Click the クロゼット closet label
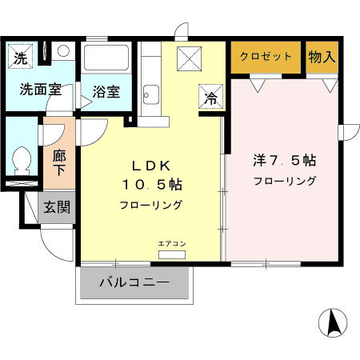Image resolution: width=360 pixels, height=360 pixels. tap(267, 57)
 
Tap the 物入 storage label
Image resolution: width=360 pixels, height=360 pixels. tap(321, 57)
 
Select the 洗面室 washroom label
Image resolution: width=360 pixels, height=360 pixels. tap(34, 89)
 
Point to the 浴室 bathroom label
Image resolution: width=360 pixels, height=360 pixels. tap(106, 91)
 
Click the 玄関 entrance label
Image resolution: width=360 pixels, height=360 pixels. tap(56, 207)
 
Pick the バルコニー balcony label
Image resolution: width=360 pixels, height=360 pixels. tap(134, 282)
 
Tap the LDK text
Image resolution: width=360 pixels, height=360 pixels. tap(151, 166)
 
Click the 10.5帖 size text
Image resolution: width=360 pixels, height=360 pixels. tap(151, 185)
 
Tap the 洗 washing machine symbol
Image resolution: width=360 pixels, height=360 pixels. tap(21, 58)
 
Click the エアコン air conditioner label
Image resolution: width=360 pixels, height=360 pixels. tap(170, 243)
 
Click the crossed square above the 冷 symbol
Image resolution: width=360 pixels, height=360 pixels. tap(192, 59)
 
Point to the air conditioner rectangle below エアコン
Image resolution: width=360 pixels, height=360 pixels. tap(170, 254)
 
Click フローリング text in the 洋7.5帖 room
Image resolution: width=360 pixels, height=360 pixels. tap(284, 181)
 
